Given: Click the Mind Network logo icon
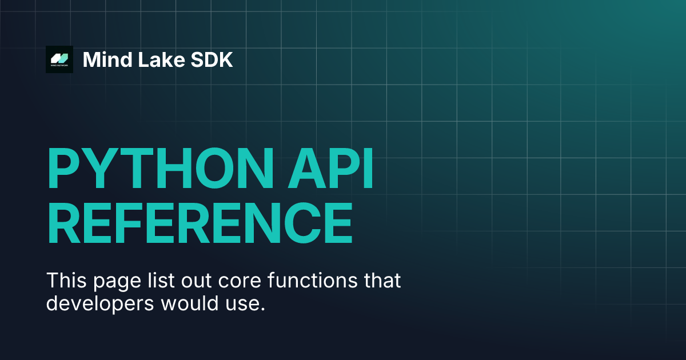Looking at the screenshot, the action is point(59,59).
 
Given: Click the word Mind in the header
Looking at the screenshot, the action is point(107,59).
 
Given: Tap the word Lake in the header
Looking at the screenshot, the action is point(161,59).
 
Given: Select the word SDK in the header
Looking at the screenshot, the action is point(212,59).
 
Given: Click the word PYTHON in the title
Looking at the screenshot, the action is point(160,168).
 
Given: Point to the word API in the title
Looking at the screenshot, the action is point(330,168).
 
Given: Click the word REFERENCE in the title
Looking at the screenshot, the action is point(200,222).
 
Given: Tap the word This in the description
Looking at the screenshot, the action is point(66,280).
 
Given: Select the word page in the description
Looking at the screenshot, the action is point(117,282).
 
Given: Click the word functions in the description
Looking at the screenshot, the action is point(312,280).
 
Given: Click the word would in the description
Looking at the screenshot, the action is point(190,303).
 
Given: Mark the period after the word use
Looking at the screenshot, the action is point(262,310).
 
